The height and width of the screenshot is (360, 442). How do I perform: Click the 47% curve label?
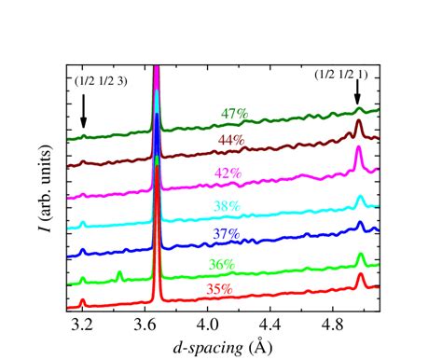234,114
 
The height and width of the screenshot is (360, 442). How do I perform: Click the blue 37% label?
227,233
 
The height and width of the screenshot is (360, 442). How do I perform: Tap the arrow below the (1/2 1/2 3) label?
84,111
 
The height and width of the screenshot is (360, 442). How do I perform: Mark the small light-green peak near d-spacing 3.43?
119,273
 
